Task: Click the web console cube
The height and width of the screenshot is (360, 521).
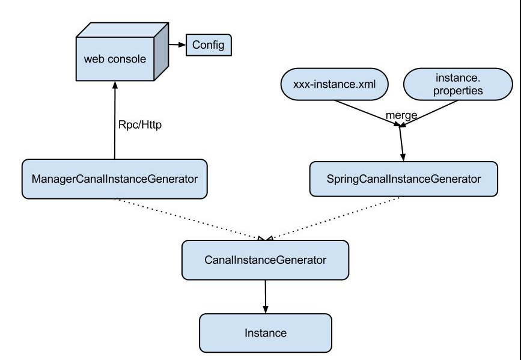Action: [122, 52]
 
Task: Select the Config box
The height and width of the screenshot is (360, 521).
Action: [209, 45]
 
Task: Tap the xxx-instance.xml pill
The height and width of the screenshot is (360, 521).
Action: [335, 84]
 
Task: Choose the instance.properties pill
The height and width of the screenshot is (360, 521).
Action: [458, 84]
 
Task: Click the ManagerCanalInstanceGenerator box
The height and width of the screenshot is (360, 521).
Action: [115, 179]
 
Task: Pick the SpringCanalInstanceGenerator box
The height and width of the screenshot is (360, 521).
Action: [404, 179]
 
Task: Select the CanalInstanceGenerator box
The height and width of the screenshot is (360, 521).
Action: [265, 260]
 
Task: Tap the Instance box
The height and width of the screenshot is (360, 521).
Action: [266, 333]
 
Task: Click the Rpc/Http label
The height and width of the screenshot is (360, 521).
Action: [140, 124]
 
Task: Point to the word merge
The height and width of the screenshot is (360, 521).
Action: [401, 115]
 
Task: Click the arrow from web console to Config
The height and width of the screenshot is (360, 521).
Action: [177, 44]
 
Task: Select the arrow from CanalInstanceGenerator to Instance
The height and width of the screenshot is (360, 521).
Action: [266, 296]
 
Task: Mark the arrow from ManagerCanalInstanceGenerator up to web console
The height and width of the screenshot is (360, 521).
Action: [115, 120]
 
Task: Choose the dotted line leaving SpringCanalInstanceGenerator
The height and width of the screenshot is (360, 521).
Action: [335, 218]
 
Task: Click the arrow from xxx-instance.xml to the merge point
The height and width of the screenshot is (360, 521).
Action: [368, 113]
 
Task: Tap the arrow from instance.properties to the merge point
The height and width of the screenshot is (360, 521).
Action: [428, 114]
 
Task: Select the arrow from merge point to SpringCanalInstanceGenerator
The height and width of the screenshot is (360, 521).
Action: [401, 144]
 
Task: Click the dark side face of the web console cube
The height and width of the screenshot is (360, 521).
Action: [162, 52]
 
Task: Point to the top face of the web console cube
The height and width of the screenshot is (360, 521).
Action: [122, 30]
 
